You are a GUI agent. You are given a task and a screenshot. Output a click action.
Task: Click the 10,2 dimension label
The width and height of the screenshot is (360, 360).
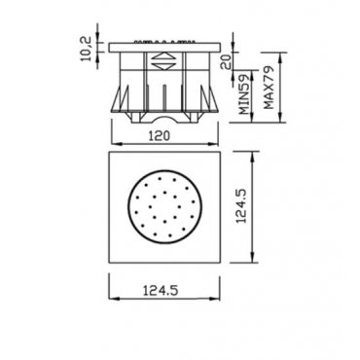[x=87, y=49]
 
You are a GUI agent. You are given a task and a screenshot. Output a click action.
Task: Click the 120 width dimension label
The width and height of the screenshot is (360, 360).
[x=159, y=136]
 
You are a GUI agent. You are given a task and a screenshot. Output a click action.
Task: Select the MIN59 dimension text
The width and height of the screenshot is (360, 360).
[x=244, y=94]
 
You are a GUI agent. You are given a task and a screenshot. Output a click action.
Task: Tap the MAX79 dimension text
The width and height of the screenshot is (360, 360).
[x=269, y=88]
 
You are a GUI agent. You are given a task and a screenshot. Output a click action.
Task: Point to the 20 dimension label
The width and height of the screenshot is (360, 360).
[x=226, y=61]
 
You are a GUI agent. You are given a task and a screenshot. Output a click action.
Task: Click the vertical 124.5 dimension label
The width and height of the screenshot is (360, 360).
[x=242, y=206]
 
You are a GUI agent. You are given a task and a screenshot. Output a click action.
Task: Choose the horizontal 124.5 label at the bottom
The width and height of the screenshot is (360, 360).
[x=161, y=290]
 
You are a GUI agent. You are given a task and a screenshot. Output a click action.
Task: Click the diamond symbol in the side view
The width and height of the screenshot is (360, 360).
[x=164, y=61]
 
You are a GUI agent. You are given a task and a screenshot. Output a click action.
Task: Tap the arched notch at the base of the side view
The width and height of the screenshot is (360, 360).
[x=164, y=119]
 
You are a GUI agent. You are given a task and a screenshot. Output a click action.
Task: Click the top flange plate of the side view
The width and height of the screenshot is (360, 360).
[x=164, y=48]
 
